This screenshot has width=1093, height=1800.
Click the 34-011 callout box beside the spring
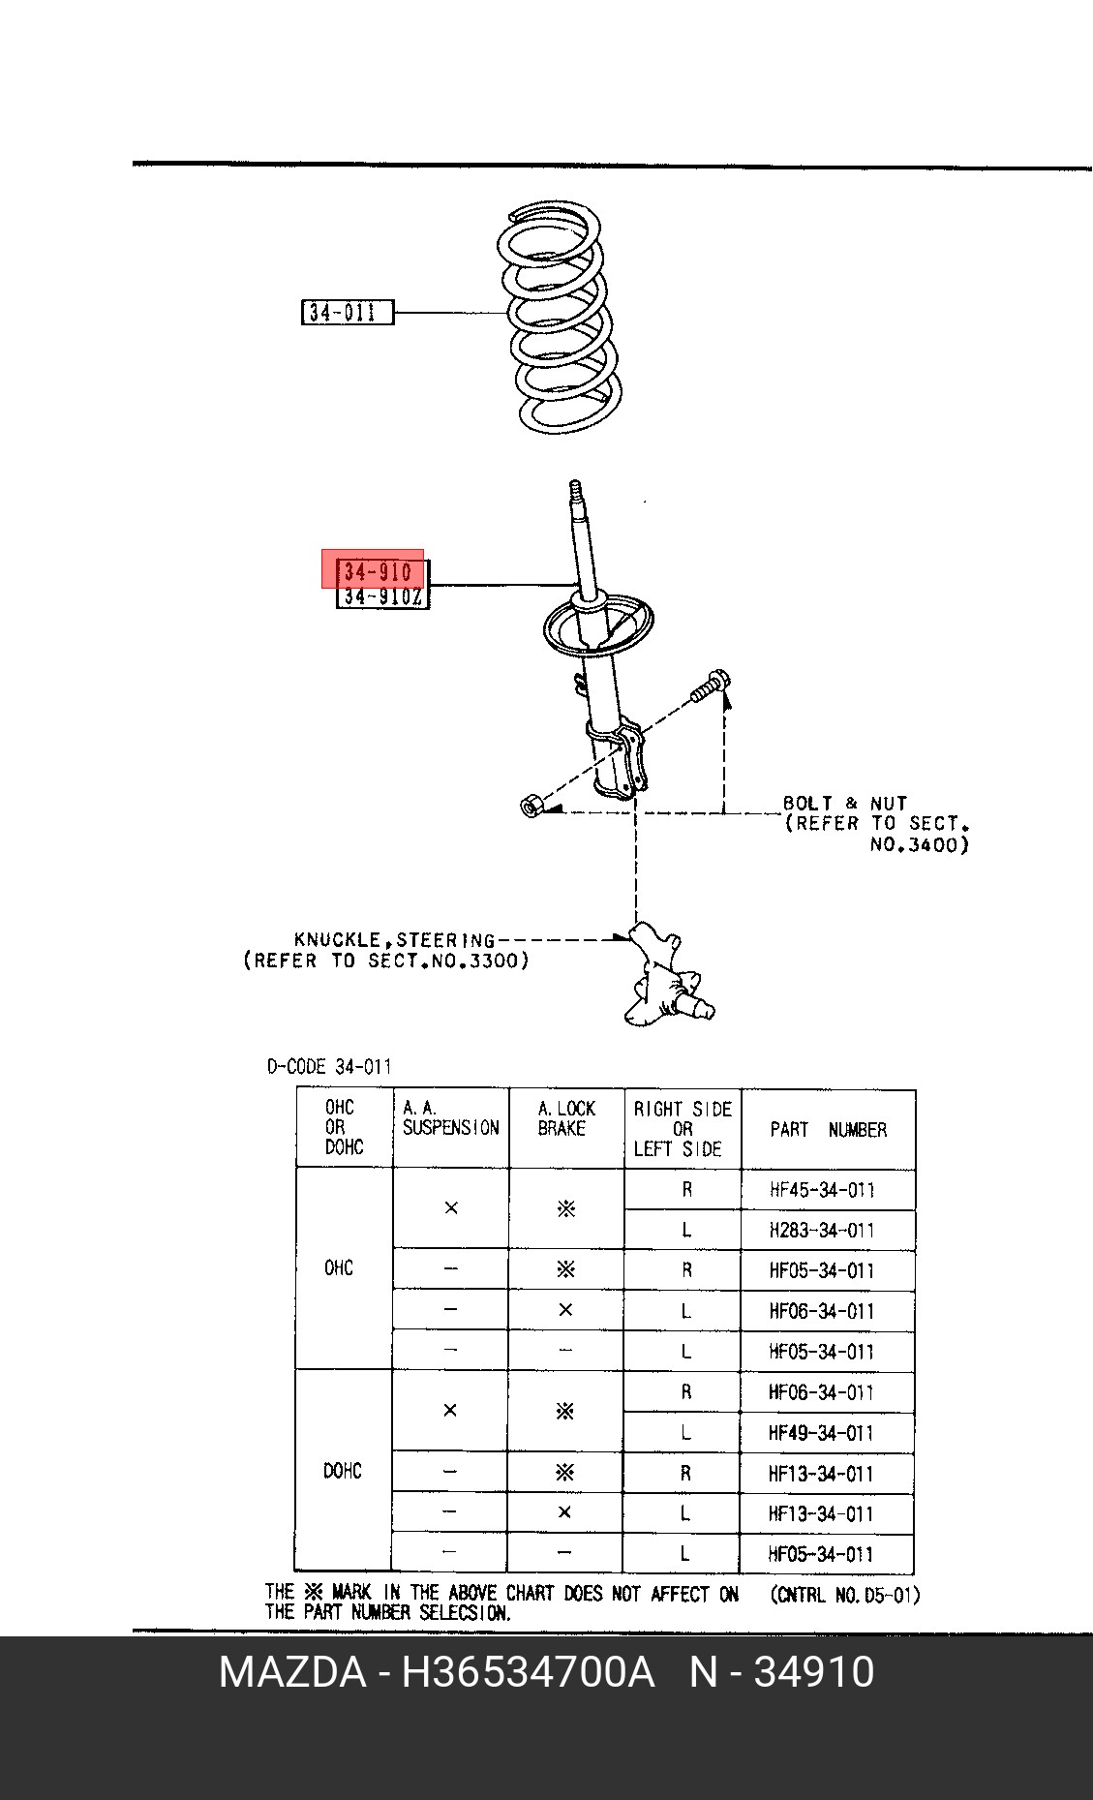click(x=348, y=312)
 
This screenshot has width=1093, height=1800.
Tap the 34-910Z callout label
click(x=382, y=596)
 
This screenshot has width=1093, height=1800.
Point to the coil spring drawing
click(x=560, y=319)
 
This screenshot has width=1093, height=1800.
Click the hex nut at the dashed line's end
click(x=531, y=805)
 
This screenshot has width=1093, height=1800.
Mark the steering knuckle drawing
click(x=668, y=976)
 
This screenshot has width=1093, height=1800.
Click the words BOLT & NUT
click(x=844, y=803)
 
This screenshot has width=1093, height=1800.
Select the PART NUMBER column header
click(x=828, y=1129)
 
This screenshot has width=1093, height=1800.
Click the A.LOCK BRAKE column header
click(x=566, y=1118)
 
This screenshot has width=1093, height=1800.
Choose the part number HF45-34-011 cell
click(x=822, y=1189)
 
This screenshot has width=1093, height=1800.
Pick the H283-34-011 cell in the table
click(x=822, y=1230)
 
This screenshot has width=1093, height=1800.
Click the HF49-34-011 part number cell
click(x=821, y=1432)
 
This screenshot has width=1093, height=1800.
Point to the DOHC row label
click(x=343, y=1471)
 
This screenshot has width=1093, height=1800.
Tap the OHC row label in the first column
click(x=339, y=1267)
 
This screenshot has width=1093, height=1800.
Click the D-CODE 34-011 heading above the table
click(x=329, y=1066)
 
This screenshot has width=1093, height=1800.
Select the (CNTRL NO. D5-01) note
click(x=845, y=1594)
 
